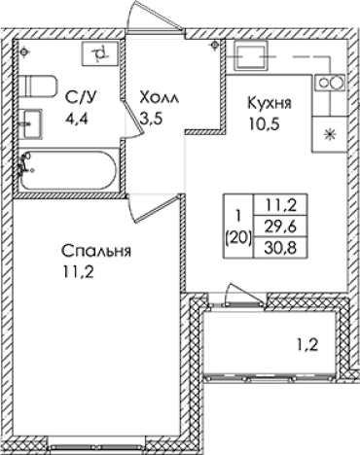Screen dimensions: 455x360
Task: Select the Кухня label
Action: (271, 101)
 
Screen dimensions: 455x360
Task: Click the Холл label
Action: (161, 98)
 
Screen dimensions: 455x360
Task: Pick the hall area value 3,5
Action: (152, 120)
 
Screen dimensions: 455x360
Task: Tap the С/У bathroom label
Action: (80, 98)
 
